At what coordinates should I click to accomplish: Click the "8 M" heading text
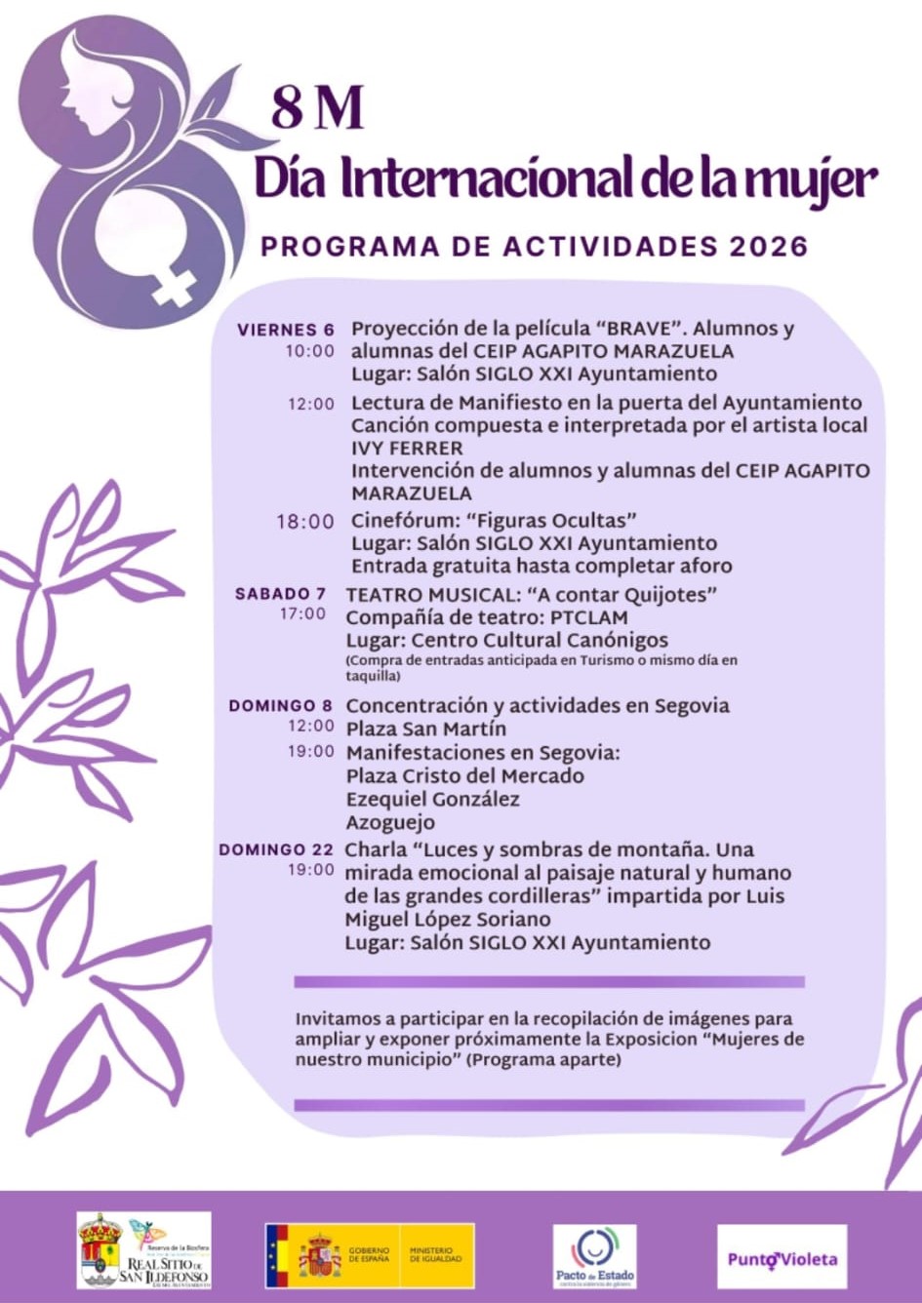(317, 107)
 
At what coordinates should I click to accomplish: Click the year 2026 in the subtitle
(769, 246)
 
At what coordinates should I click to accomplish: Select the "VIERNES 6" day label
(285, 330)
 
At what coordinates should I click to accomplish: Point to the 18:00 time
(304, 522)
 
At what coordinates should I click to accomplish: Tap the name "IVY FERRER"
(407, 449)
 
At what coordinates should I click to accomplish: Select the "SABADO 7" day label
(281, 593)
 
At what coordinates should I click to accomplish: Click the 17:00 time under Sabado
(302, 613)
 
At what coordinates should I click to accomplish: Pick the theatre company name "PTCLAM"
(589, 617)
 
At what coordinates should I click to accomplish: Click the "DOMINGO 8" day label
(280, 705)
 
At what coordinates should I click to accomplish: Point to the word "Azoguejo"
(390, 822)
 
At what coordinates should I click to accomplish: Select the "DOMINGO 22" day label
(276, 849)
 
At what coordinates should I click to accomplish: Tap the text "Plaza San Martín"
(426, 729)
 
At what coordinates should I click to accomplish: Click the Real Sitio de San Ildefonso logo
(143, 1250)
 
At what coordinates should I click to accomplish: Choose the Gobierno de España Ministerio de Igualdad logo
(369, 1255)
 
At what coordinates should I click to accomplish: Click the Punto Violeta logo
(782, 1258)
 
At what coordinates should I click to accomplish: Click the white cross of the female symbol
(174, 287)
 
